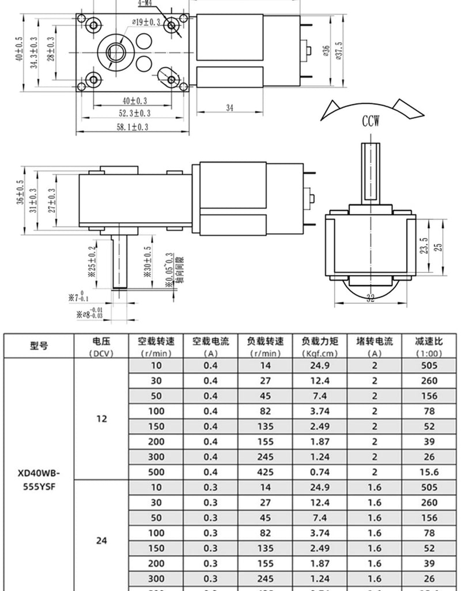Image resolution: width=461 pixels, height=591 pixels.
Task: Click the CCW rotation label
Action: pyautogui.click(x=370, y=121)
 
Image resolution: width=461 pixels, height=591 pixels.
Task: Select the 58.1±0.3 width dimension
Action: pyautogui.click(x=133, y=128)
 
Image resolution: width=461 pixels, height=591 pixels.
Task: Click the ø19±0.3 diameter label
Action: pyautogui.click(x=146, y=23)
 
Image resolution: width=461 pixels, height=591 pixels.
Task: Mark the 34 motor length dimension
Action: pyautogui.click(x=229, y=107)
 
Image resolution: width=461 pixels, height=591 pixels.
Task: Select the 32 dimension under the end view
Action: pyautogui.click(x=370, y=298)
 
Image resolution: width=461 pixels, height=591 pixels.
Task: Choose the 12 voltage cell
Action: pyautogui.click(x=101, y=419)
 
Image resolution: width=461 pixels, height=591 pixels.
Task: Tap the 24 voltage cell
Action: pyautogui.click(x=101, y=541)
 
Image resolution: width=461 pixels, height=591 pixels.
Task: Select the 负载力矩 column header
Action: pyautogui.click(x=319, y=346)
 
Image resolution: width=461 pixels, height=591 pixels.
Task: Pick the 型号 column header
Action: pyautogui.click(x=39, y=346)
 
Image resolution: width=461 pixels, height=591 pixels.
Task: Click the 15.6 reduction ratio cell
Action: pyautogui.click(x=429, y=472)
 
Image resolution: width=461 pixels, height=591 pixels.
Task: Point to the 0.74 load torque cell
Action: pyautogui.click(x=319, y=472)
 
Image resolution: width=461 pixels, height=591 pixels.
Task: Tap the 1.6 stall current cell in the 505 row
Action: pyautogui.click(x=375, y=487)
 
